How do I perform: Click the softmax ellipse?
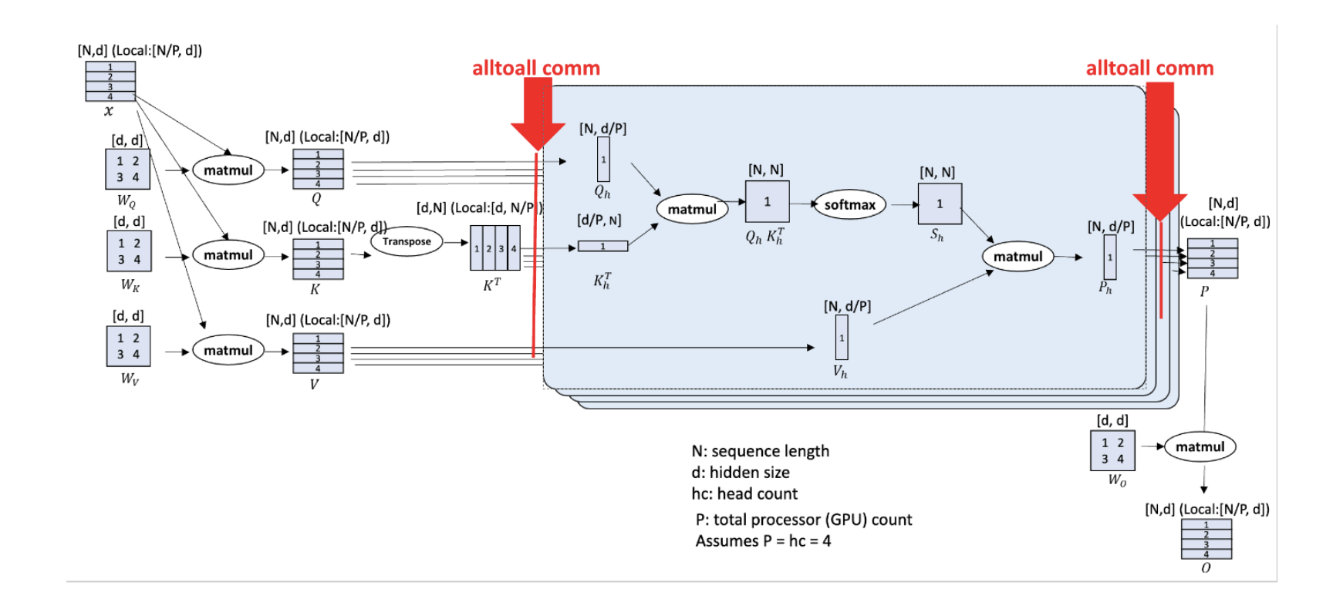tap(849, 205)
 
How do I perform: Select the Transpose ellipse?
tap(407, 241)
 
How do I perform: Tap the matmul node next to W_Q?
tap(228, 170)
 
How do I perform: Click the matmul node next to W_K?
tap(228, 255)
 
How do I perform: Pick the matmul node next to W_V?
tap(228, 351)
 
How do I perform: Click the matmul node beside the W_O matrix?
tap(1200, 447)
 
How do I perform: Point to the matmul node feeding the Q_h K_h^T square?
tap(692, 209)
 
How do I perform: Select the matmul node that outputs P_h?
tap(1017, 257)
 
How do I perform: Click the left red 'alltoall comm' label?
tap(535, 69)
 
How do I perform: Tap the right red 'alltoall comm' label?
tap(1149, 69)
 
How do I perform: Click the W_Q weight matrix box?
tap(127, 170)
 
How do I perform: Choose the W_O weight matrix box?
tap(1112, 451)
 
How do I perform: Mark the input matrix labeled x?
tap(110, 82)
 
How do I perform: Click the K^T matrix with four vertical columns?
tap(495, 248)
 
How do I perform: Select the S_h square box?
tap(940, 204)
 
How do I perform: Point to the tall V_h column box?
tap(842, 338)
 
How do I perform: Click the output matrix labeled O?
tap(1206, 539)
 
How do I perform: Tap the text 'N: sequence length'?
tap(760, 451)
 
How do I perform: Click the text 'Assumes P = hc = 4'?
tap(763, 541)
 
